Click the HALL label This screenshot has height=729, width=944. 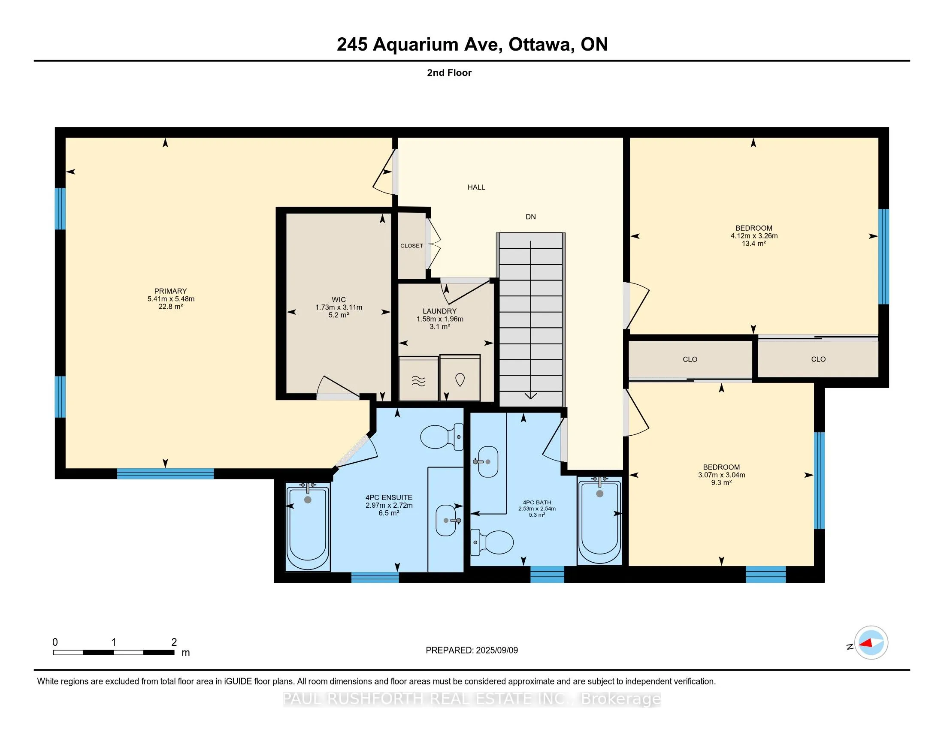click(x=476, y=187)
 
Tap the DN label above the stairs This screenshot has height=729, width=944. click(x=531, y=217)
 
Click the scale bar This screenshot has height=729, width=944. click(x=114, y=653)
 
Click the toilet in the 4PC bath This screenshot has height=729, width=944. click(x=492, y=542)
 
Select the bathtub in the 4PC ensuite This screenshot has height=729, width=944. click(x=308, y=527)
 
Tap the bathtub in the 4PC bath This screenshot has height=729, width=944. click(x=599, y=521)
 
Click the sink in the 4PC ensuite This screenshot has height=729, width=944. click(x=447, y=521)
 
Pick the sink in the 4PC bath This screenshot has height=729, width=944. click(x=487, y=461)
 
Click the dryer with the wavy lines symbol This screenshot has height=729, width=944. click(x=418, y=379)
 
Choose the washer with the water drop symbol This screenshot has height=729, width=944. click(x=460, y=378)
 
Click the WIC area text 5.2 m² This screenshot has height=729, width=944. click(x=339, y=315)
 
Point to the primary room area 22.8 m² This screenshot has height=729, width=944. click(x=171, y=307)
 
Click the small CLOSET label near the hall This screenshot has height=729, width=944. click(x=411, y=246)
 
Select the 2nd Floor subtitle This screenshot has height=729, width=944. click(x=449, y=73)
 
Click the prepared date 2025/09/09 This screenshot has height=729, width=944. click(x=496, y=651)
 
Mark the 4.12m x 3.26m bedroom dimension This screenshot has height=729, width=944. click(x=754, y=236)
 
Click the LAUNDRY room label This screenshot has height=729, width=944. click(x=439, y=311)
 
